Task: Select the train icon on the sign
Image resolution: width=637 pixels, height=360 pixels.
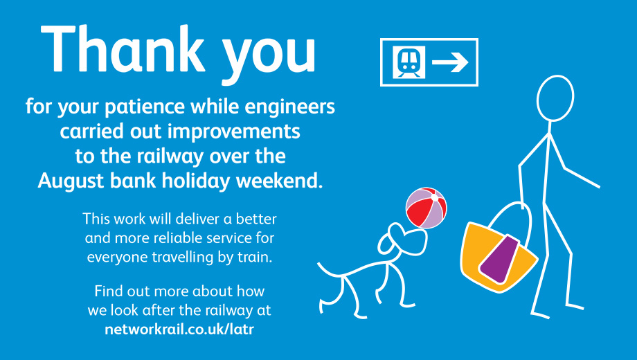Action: [x=409, y=62]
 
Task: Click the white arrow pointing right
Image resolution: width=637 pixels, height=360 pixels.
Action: [x=450, y=62]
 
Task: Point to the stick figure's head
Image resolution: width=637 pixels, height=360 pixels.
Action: [x=555, y=98]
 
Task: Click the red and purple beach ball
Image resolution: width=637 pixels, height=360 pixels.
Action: [x=426, y=208]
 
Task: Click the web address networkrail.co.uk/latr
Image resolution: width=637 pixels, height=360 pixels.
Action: [x=179, y=329]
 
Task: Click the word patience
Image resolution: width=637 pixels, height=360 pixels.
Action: [x=145, y=107]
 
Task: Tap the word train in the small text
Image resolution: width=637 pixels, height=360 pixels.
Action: [x=255, y=258]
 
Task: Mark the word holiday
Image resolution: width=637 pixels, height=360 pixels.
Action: [x=196, y=181]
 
